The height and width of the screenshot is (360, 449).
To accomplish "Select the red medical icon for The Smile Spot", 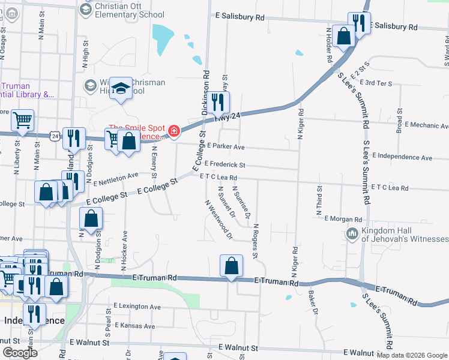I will pyautogui.click(x=174, y=131).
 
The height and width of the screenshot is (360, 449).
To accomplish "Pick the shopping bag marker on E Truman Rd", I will pyautogui.click(x=231, y=265).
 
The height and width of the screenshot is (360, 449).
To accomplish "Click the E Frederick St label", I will pyautogui.click(x=225, y=164).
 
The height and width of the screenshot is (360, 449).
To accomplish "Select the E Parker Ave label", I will pyautogui.click(x=225, y=146).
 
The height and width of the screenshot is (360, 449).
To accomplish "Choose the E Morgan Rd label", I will pyautogui.click(x=343, y=219).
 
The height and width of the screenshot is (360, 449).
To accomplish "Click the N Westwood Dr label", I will pyautogui.click(x=218, y=220).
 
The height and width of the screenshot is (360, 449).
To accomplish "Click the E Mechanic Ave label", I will pyautogui.click(x=427, y=125).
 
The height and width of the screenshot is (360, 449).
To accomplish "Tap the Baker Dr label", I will pyautogui.click(x=312, y=298).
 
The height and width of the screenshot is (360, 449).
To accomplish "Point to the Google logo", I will pyautogui.click(x=19, y=353).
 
